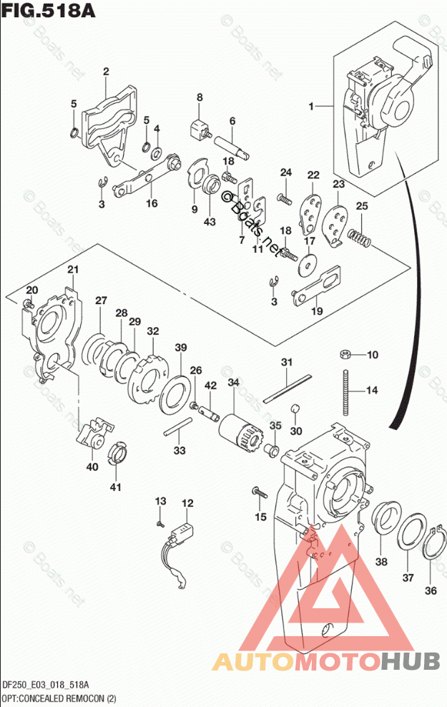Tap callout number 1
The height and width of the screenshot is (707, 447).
pos(312,107)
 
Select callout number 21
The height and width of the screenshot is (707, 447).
pos(72,269)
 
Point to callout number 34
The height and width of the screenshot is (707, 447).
pos(233,383)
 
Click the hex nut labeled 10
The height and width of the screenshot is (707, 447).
pos(344,354)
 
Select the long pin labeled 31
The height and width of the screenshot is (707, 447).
pos(286,387)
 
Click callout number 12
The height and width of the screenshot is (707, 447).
pos(187,503)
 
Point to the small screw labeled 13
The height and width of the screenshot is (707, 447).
pos(161,523)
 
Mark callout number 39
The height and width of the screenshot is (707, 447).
pos(181,348)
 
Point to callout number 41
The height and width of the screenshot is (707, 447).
pos(115,487)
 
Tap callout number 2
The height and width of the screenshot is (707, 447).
pos(105,71)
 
